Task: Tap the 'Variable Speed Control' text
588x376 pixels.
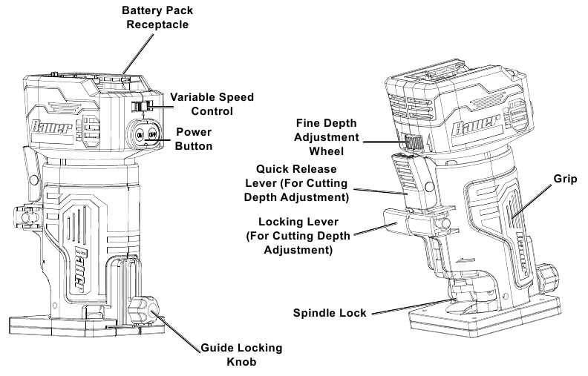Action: tap(212, 104)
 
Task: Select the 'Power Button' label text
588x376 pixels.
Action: tap(195, 139)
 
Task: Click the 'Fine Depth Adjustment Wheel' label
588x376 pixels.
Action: tap(328, 135)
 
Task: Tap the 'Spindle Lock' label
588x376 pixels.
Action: tap(330, 313)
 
